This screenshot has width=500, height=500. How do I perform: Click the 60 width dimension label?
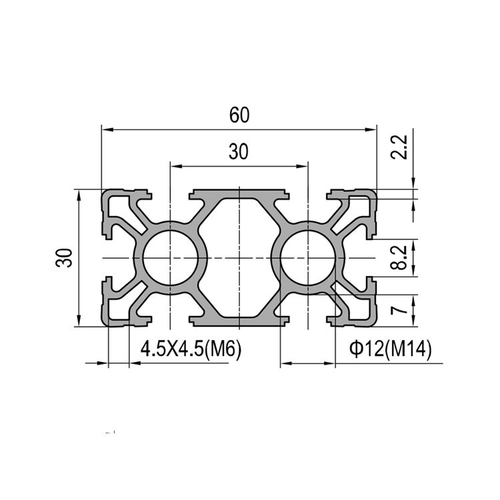point(239,115)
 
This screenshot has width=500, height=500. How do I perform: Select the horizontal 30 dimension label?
point(239,152)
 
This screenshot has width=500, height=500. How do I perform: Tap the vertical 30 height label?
point(64,257)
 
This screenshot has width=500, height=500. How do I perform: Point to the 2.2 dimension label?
point(399,147)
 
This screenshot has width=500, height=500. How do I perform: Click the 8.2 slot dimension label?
point(399,257)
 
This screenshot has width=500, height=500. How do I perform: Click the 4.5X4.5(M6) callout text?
point(191,349)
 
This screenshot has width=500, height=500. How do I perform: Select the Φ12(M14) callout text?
point(390,349)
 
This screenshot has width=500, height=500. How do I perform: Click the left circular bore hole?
point(171,258)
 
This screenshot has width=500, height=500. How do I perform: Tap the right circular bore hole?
point(308,258)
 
